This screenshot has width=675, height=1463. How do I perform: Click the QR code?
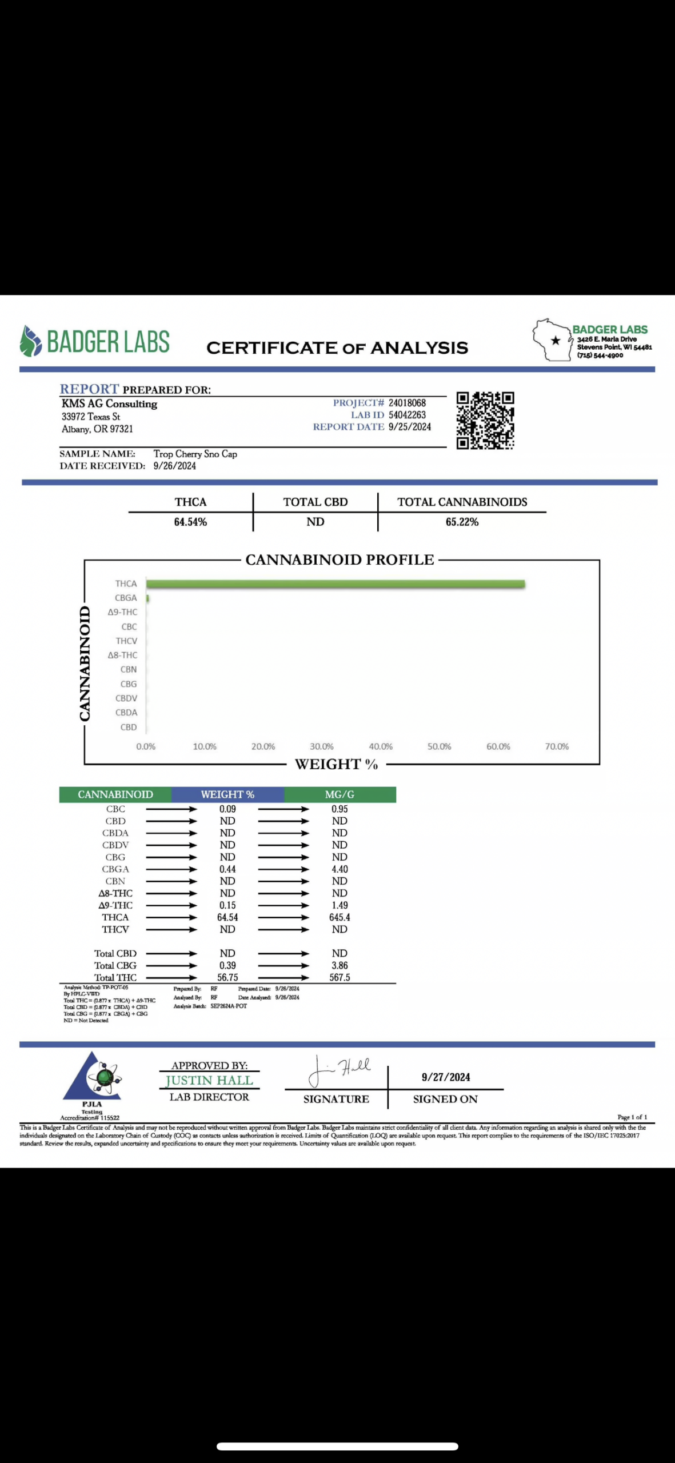pos(485,420)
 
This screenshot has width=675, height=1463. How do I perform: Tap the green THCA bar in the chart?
pos(335,583)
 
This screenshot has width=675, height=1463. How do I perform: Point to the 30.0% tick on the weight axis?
pos(322,746)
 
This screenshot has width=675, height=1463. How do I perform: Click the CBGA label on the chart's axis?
pos(126,598)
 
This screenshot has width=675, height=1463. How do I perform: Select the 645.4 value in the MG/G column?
pos(340,917)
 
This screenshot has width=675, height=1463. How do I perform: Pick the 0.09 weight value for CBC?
pos(227,809)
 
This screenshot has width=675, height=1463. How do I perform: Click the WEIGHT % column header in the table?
pos(227,794)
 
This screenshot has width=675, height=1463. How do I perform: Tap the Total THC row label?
pos(115,977)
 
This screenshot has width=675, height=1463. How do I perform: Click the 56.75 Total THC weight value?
pos(227,977)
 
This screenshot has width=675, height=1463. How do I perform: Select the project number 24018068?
pos(407,403)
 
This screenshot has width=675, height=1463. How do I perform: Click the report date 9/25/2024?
pos(410,427)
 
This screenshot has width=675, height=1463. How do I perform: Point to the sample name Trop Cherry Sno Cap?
pos(195,454)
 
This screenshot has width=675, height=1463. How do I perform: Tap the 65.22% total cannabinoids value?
pos(462,522)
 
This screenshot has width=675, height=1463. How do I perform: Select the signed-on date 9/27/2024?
pos(446,1077)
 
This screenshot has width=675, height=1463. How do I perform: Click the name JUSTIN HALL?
pos(209,1080)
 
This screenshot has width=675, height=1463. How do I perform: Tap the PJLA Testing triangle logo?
pos(93,1077)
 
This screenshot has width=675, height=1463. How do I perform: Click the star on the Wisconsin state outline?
pos(556,341)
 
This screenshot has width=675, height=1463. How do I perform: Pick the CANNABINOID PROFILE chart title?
pos(340,560)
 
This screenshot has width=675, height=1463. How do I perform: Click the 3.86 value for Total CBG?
pos(340,965)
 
